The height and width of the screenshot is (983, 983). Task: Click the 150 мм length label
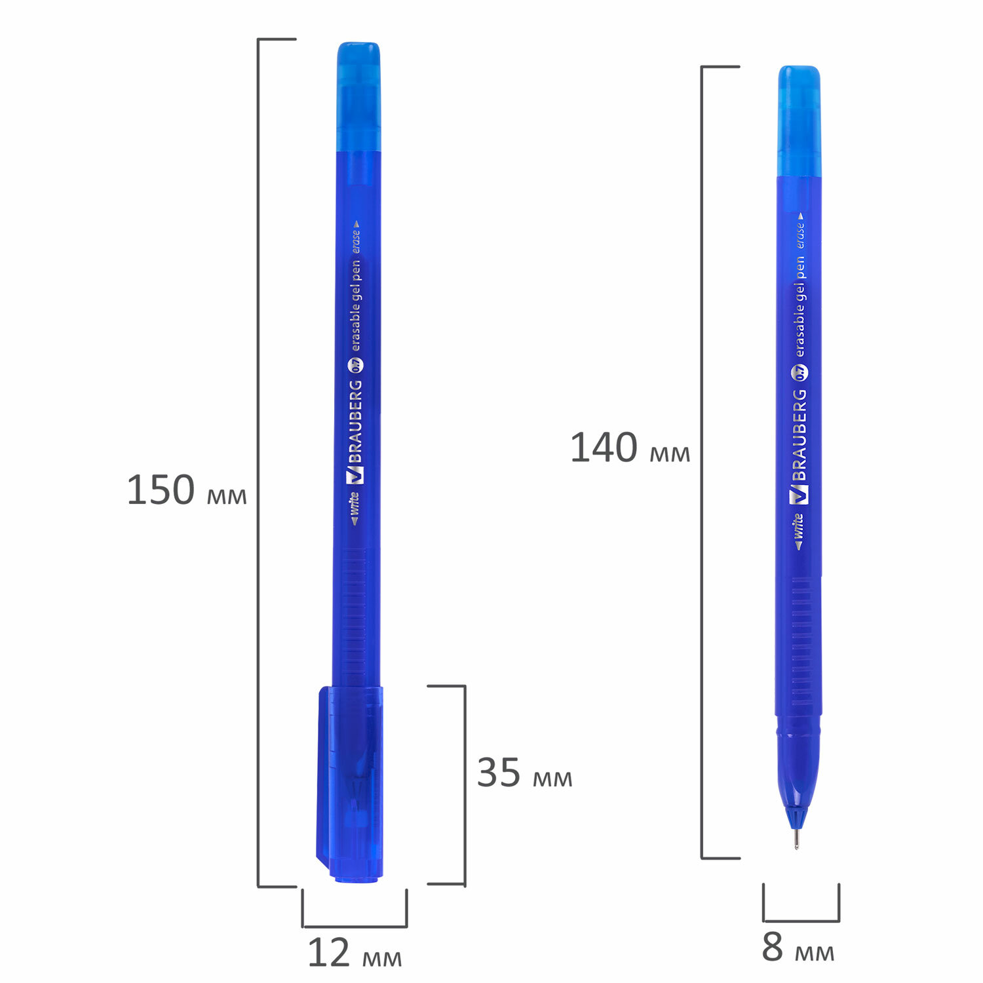[x=187, y=490]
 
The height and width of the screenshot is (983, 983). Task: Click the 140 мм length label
[x=630, y=448]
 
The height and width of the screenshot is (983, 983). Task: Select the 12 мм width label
[x=355, y=954]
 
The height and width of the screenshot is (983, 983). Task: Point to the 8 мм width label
[x=798, y=947]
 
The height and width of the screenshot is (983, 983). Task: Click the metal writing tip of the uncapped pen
[x=796, y=839]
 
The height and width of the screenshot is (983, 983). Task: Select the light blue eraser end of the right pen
[x=800, y=121]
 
